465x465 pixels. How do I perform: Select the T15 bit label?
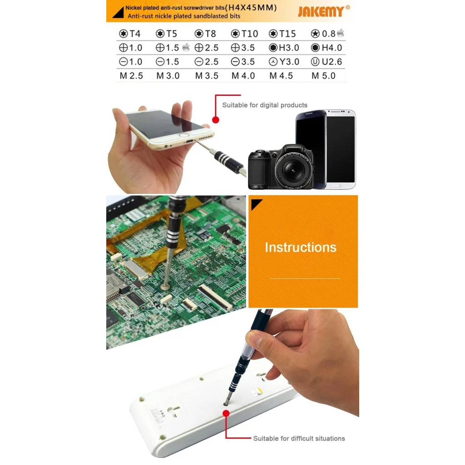(x=282, y=34)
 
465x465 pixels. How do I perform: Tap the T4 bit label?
(x=130, y=34)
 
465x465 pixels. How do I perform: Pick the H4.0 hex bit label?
(x=327, y=48)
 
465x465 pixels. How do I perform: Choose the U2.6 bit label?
(x=326, y=62)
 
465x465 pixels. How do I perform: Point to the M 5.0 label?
(x=323, y=76)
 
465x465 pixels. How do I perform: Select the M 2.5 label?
(x=131, y=76)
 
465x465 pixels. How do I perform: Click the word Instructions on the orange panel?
(x=301, y=247)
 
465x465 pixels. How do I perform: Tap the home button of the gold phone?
(x=183, y=135)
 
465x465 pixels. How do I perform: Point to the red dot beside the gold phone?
(x=216, y=120)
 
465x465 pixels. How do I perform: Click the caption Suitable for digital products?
(x=265, y=105)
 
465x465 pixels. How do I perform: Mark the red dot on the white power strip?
(x=226, y=413)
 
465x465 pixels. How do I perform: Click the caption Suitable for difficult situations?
(x=299, y=438)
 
